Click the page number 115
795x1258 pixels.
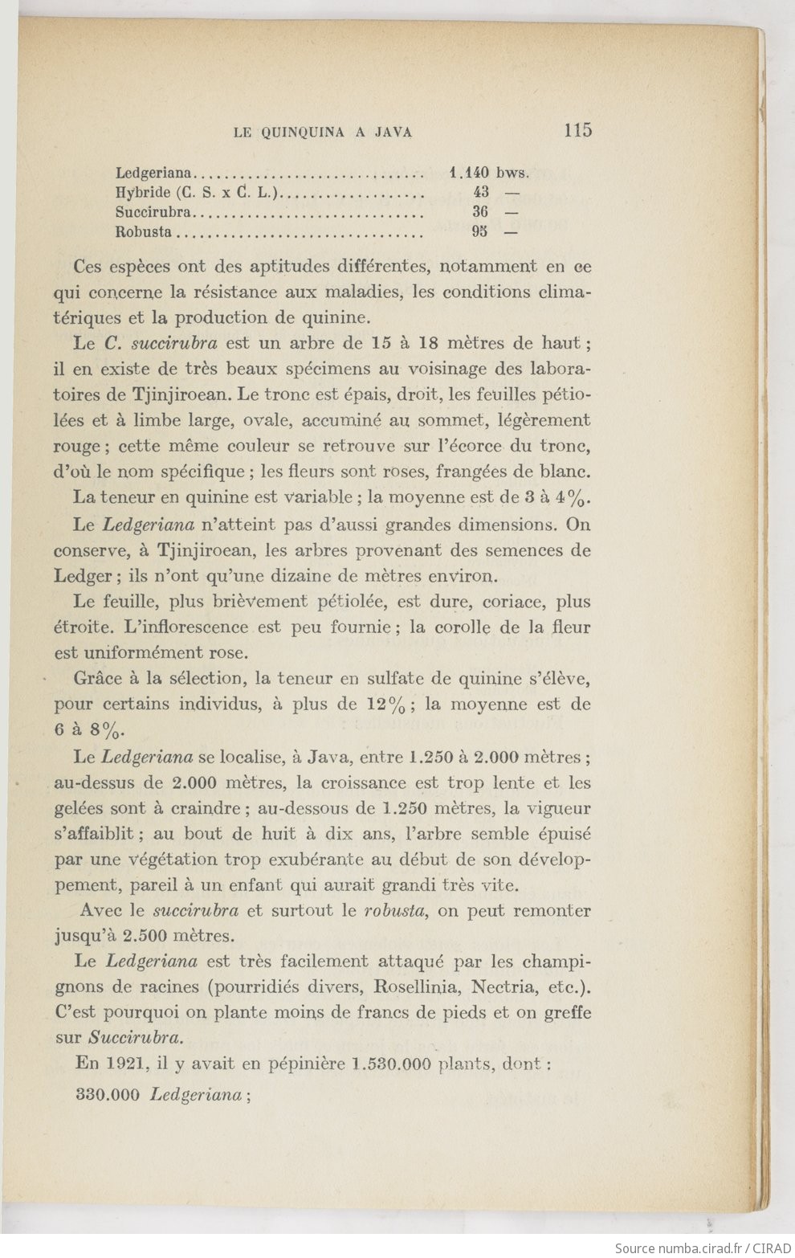pyautogui.click(x=577, y=130)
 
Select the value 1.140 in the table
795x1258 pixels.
pyautogui.click(x=469, y=172)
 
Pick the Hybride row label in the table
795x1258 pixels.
pyautogui.click(x=142, y=192)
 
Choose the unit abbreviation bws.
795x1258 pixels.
pyautogui.click(x=513, y=172)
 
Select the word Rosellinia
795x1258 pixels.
pyautogui.click(x=410, y=986)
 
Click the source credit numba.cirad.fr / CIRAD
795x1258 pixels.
pyautogui.click(x=703, y=1248)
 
